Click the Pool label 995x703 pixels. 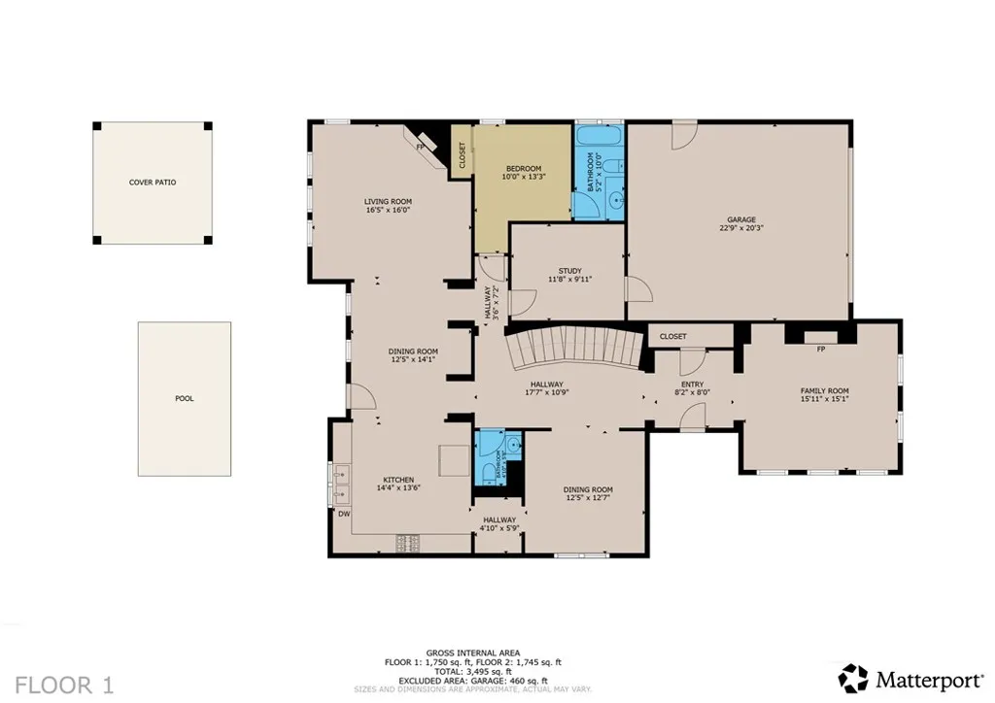pos(185,398)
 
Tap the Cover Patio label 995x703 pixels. pos(153,183)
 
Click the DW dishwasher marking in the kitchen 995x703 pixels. pos(344,514)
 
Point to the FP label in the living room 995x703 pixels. pos(421,147)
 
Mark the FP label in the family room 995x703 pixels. pos(821,349)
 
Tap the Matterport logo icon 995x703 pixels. pos(853,677)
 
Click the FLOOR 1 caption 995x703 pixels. pos(65,685)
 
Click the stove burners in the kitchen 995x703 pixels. pos(405,543)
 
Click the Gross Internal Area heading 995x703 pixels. pos(472,653)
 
